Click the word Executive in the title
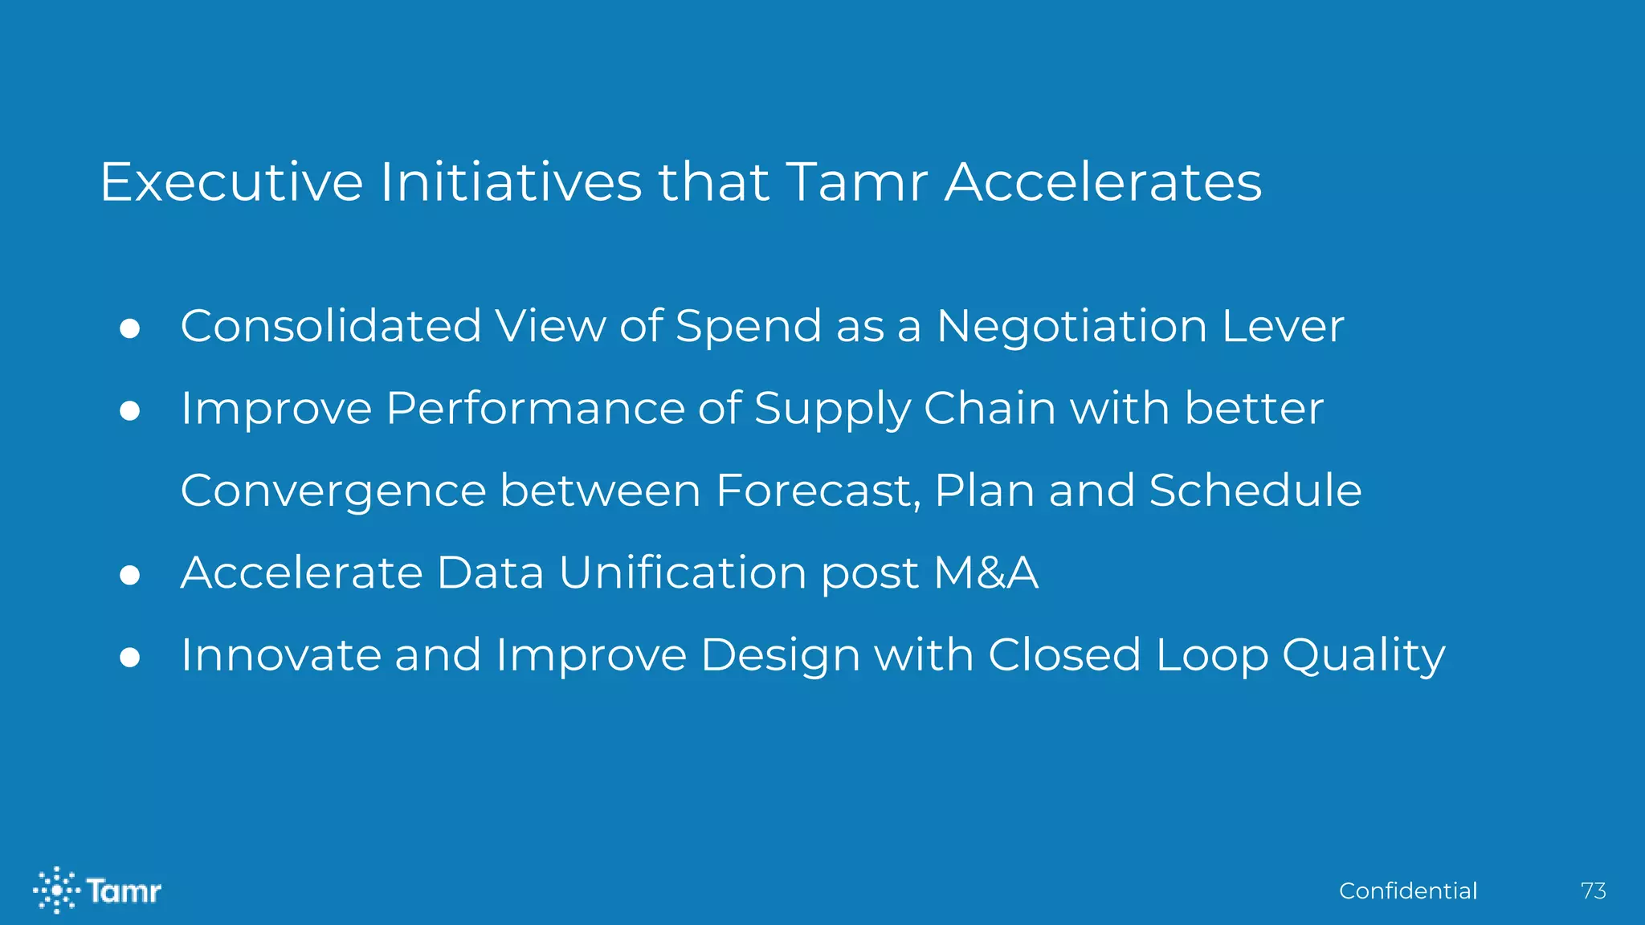pos(231,182)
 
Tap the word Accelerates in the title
pos(1103,182)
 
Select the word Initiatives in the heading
pos(511,182)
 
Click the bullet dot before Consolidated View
pos(130,328)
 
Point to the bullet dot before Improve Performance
pos(130,411)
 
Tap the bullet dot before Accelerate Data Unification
pos(130,575)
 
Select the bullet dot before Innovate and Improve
pos(130,658)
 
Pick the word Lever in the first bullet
pos(1283,327)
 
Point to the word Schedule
pos(1255,491)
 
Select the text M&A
pos(986,573)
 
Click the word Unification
pos(683,573)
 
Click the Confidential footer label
pos(1408,890)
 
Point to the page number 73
pos(1593,890)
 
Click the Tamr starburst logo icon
pos(56,890)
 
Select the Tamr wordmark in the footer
pos(124,890)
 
